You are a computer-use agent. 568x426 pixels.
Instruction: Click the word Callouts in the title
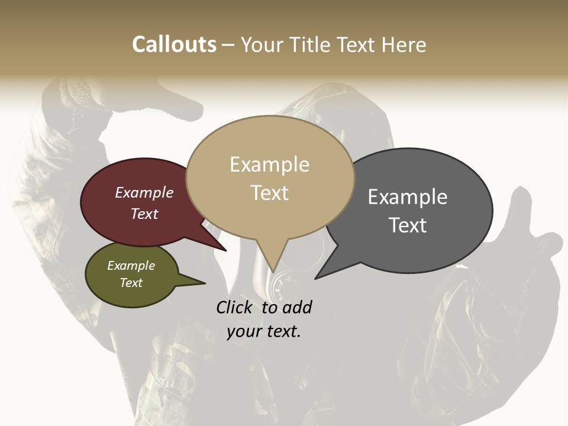174,44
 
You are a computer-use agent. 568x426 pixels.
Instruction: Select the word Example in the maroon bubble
144,192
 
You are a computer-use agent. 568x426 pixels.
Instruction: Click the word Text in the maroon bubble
144,214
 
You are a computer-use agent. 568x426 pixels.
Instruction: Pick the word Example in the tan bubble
269,164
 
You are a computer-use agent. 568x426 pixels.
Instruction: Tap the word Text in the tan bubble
270,193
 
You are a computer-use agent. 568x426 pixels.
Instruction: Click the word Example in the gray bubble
408,196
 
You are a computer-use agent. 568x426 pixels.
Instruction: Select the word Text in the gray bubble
408,225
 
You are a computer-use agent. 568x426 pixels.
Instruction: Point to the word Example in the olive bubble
131,266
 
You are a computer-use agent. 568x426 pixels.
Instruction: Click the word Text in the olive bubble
131,283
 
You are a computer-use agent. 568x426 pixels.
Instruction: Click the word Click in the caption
235,307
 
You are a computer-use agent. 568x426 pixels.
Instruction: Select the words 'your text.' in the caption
264,331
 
